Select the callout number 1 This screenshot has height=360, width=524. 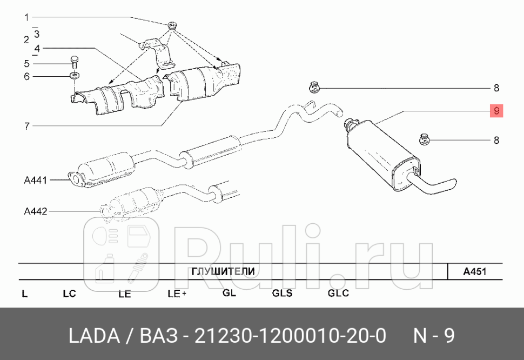click(x=26, y=17)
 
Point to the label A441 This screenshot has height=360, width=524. click(x=36, y=180)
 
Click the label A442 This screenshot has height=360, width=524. click(x=36, y=211)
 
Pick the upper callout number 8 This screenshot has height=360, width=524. click(x=496, y=88)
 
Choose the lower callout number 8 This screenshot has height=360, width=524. click(x=496, y=141)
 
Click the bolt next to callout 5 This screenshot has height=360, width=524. click(x=74, y=62)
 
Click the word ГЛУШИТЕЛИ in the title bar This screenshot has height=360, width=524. click(x=223, y=271)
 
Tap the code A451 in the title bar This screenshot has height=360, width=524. click(x=475, y=271)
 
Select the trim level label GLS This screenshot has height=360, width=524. click(x=282, y=294)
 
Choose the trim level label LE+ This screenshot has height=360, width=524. click(x=177, y=294)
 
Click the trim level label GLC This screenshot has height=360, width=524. click(x=338, y=294)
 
